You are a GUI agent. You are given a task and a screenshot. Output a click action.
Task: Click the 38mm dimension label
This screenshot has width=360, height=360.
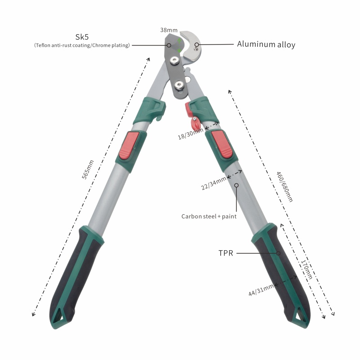169,30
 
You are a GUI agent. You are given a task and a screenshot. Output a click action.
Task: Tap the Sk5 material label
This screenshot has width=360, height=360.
82,37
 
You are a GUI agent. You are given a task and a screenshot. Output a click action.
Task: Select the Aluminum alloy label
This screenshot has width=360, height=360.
266,44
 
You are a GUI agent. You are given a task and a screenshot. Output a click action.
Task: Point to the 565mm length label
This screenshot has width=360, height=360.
88,170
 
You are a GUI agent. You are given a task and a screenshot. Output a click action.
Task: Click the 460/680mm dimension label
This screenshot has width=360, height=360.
284,187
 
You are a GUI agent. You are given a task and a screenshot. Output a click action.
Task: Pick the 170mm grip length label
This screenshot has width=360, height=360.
306,270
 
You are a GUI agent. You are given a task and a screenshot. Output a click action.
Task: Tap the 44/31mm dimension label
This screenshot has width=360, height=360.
261,290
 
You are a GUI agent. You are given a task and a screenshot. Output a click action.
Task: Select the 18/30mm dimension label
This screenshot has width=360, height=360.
190,134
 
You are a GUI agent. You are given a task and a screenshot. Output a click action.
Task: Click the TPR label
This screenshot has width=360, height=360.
226,253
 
